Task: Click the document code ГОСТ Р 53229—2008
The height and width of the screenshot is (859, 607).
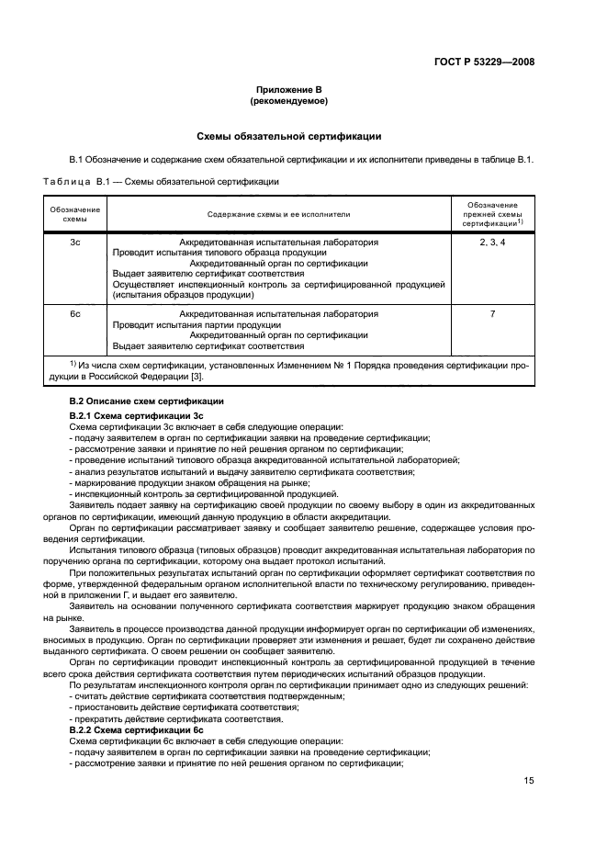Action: (484, 62)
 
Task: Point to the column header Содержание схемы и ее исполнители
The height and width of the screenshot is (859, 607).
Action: (278, 214)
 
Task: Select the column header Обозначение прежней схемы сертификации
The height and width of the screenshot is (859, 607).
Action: (492, 214)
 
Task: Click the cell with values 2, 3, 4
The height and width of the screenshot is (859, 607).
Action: (492, 243)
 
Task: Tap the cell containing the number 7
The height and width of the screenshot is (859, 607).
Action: (492, 314)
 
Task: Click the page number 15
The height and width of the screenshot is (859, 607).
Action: (528, 780)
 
